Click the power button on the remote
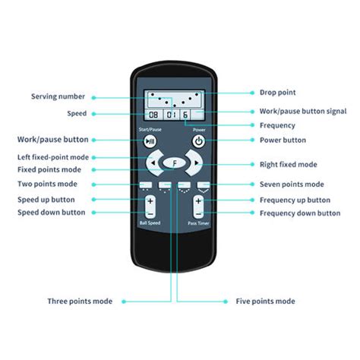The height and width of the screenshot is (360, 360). (x=199, y=141)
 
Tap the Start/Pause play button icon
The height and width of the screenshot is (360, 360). (x=150, y=141)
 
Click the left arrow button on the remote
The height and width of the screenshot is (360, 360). (x=154, y=163)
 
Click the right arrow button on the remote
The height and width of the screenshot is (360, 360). (x=194, y=163)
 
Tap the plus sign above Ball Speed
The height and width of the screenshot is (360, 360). (x=150, y=201)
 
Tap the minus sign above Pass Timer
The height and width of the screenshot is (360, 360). (x=199, y=214)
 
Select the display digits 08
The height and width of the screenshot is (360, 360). (x=153, y=115)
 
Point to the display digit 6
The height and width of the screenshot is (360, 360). (x=185, y=115)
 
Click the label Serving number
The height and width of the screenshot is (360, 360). (x=58, y=96)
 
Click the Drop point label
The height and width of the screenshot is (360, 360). (x=278, y=93)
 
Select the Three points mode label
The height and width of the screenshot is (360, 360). (x=80, y=302)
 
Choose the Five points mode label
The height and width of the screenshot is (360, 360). (x=265, y=302)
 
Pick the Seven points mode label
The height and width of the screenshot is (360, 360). (x=292, y=185)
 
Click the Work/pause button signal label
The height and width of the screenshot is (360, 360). (x=303, y=112)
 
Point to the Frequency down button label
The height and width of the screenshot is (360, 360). (x=300, y=213)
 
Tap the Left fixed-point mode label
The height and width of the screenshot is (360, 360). (x=53, y=157)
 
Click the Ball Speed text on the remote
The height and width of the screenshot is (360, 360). (x=150, y=223)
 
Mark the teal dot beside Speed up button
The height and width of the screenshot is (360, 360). (x=93, y=200)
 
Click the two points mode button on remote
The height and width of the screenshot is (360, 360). (x=146, y=185)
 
